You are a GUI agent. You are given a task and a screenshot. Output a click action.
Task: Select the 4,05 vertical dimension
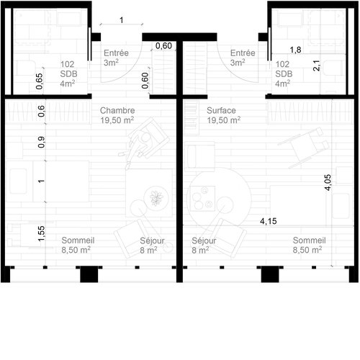(x=328, y=180)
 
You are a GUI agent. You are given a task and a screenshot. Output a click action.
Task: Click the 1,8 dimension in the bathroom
(x=295, y=50)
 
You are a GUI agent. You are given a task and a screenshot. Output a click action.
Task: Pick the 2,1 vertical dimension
(x=316, y=65)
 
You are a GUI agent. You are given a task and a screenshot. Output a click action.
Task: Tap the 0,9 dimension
(x=40, y=142)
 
